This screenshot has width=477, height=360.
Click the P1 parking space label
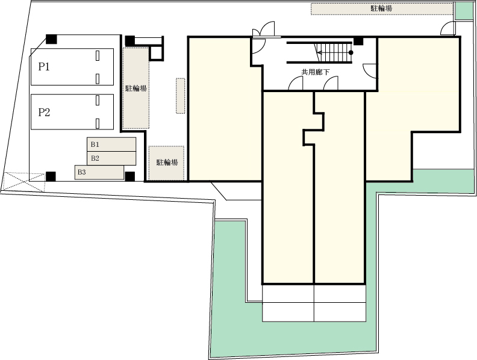point(44,67)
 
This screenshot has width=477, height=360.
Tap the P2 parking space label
point(44,113)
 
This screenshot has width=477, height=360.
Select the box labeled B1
point(111,144)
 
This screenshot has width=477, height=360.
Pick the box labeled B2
point(111,158)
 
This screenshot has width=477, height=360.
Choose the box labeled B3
point(99,172)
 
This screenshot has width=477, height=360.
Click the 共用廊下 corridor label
point(316,72)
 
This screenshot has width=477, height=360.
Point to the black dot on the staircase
point(351,52)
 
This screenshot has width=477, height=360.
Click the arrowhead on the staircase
point(319,52)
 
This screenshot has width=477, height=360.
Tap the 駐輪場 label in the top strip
point(381,8)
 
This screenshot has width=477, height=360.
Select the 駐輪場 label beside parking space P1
point(136,88)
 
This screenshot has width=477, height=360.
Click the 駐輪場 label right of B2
point(167,163)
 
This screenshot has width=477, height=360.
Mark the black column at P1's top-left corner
point(51,39)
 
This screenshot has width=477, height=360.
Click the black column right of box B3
point(130,176)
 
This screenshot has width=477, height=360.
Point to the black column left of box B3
point(51,176)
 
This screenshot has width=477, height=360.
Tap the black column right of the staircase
point(358,40)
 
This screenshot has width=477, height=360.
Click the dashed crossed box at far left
point(24,182)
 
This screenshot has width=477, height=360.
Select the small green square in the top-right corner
point(465,11)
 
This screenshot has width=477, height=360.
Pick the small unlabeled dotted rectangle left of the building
point(181,96)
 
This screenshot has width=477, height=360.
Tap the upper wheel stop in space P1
point(98,55)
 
